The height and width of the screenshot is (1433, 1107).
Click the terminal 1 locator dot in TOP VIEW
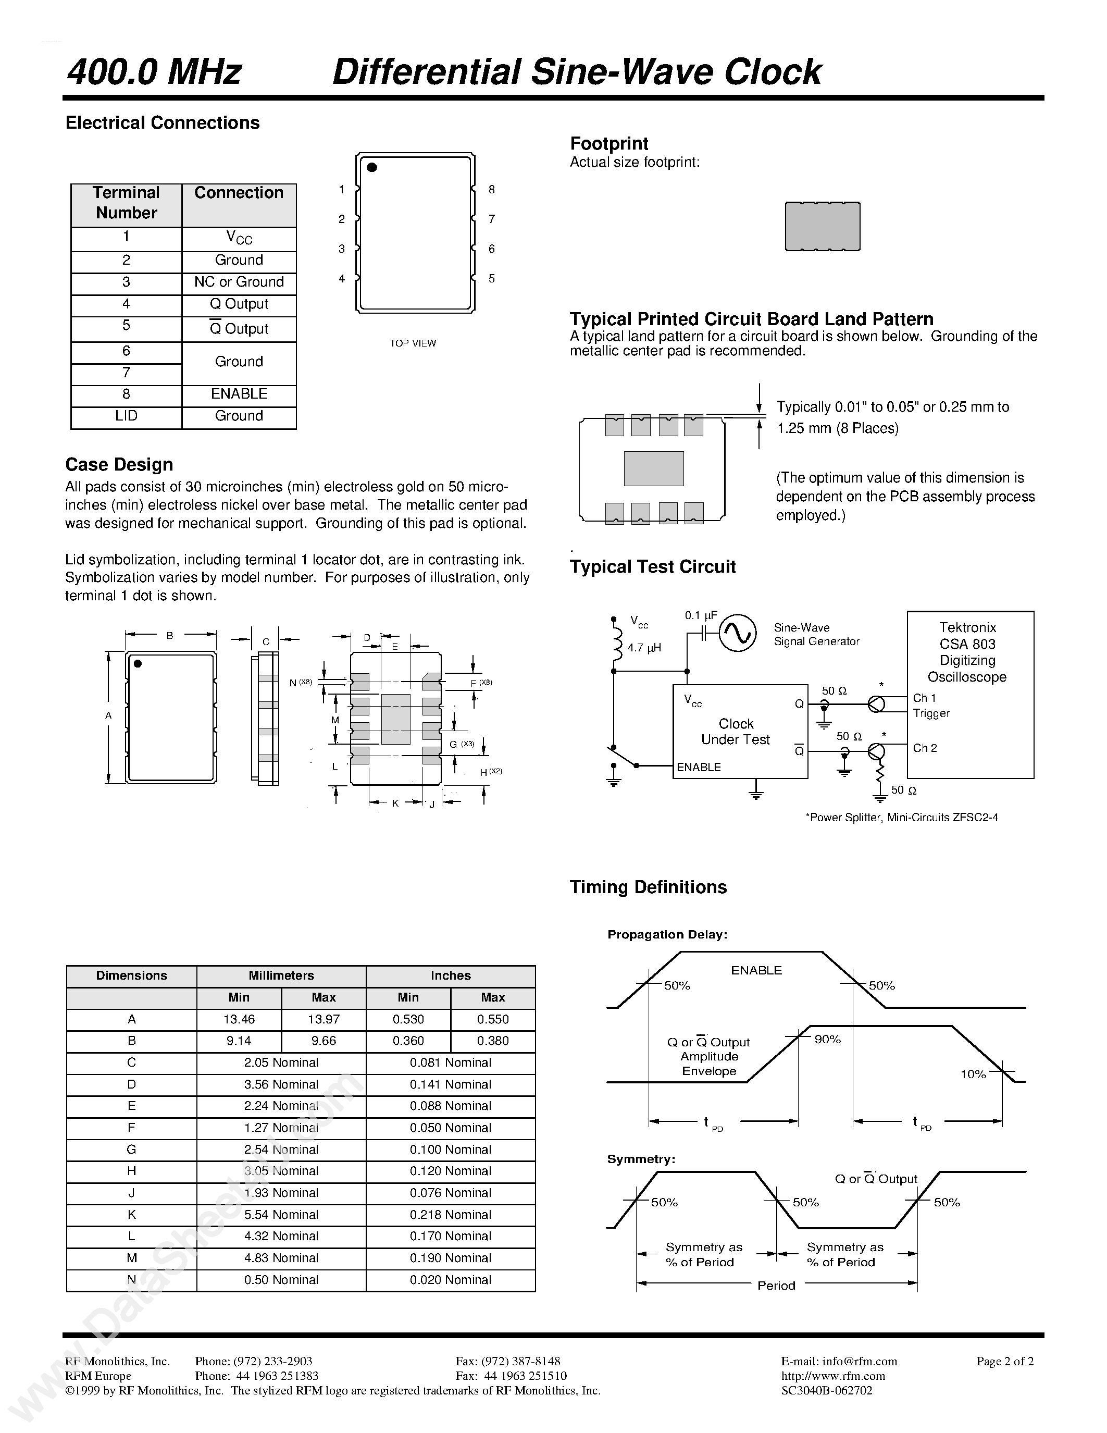372,167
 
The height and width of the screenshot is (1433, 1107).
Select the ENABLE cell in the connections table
239,393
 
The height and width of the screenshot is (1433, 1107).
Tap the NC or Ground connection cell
239,282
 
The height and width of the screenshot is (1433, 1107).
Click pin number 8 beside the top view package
492,190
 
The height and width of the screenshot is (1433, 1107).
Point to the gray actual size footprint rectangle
823,226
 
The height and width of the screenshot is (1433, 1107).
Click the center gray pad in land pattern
654,468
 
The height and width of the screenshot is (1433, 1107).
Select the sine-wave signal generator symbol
737,632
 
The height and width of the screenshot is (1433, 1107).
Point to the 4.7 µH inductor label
643,648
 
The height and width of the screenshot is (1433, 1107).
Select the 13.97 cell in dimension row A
324,1019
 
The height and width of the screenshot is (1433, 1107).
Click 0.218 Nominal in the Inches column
451,1215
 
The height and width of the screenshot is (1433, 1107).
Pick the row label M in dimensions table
132,1258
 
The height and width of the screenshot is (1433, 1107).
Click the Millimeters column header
281,975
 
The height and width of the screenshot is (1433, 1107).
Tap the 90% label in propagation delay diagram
827,1040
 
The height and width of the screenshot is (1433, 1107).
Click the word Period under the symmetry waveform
776,1286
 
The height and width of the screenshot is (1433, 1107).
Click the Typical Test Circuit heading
653,567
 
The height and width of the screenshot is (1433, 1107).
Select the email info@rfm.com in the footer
839,1362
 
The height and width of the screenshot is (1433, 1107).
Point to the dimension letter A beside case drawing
109,716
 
